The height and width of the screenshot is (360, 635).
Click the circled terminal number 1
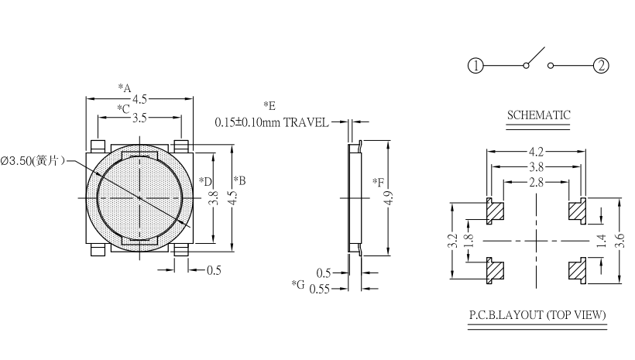[475, 66]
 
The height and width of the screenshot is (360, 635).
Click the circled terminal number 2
[601, 66]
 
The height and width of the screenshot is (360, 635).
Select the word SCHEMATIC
[538, 115]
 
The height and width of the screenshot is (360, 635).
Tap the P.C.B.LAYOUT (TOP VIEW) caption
[537, 315]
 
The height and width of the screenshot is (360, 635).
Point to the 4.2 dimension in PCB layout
[536, 152]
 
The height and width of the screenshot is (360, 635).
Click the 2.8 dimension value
[536, 182]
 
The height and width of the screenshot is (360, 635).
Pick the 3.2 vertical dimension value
[453, 241]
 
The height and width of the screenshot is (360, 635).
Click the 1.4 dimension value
[602, 241]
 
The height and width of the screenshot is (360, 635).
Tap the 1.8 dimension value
[469, 241]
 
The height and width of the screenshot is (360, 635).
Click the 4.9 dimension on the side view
[389, 197]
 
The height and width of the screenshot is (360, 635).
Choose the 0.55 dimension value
[320, 289]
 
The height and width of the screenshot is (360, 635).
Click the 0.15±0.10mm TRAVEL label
[272, 122]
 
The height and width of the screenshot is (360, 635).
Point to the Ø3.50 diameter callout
[33, 161]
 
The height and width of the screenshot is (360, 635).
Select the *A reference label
[125, 87]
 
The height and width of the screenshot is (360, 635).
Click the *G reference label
[297, 285]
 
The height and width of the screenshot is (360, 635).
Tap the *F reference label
[378, 183]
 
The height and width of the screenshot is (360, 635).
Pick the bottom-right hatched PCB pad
[578, 269]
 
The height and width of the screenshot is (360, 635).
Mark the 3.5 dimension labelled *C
[139, 118]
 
